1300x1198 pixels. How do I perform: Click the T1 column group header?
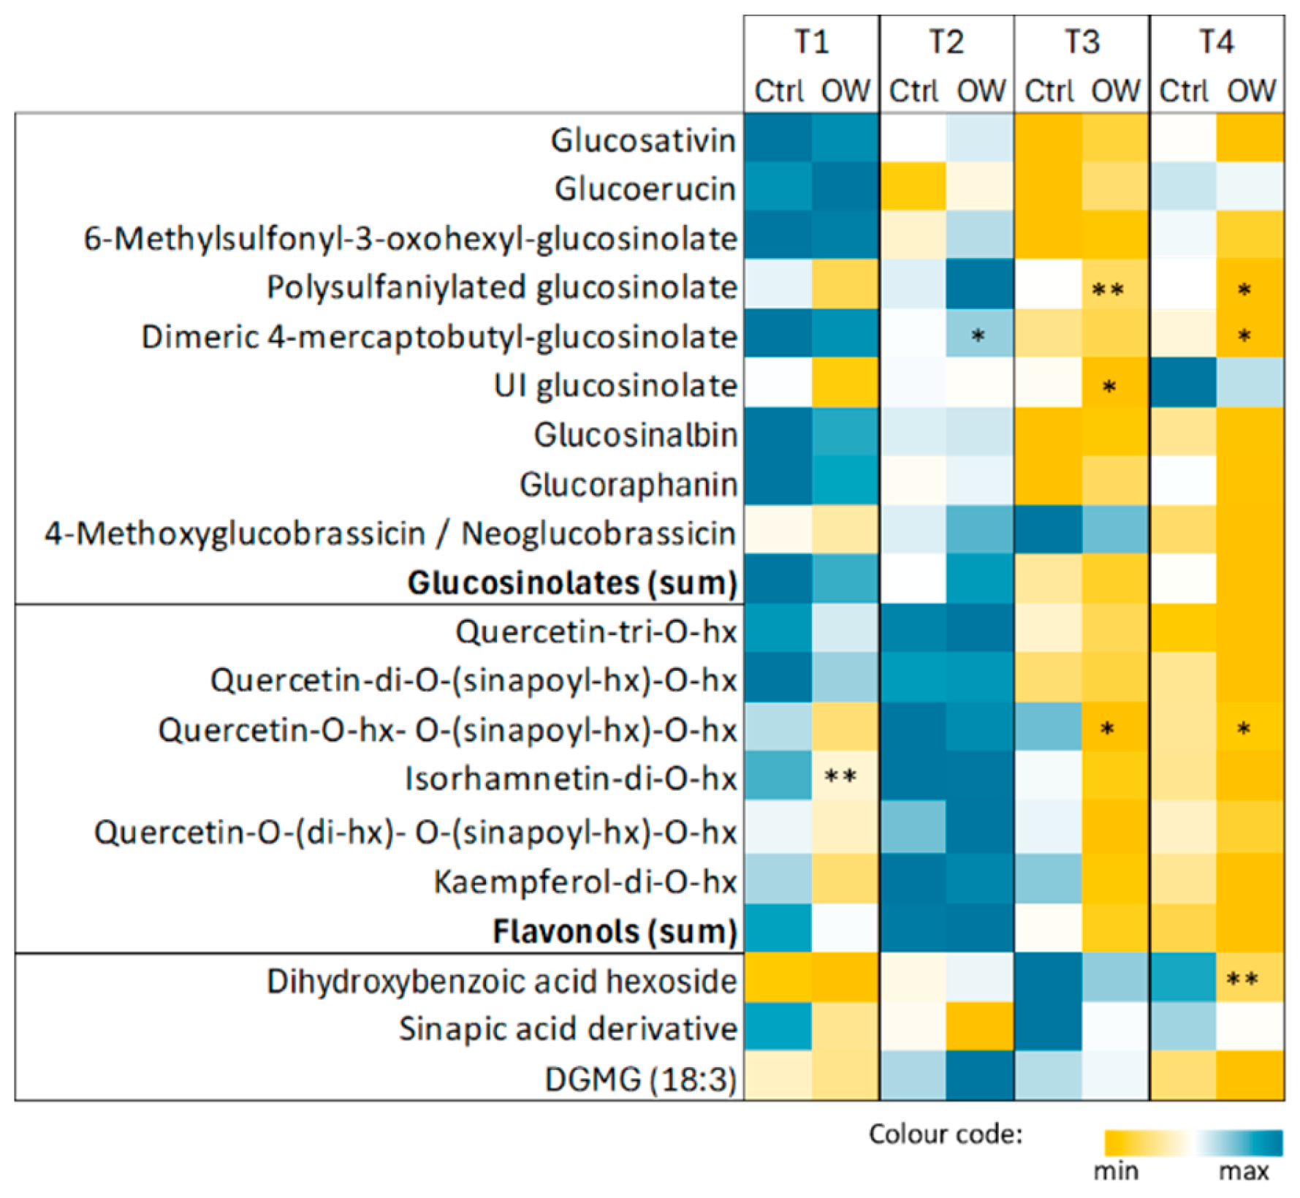click(x=812, y=42)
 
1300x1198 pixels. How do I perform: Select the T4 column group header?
click(x=1217, y=42)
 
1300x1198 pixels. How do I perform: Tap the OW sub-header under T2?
click(x=981, y=91)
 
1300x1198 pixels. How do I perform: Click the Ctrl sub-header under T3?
click(x=1048, y=91)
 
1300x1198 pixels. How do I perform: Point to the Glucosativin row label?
click(x=643, y=140)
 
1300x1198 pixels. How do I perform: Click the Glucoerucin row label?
click(x=645, y=189)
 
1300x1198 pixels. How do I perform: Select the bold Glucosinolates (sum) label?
click(x=572, y=583)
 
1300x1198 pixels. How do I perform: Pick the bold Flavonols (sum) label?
click(x=615, y=932)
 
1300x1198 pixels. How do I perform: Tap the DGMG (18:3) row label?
click(x=641, y=1080)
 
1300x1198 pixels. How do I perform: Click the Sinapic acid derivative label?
click(x=568, y=1029)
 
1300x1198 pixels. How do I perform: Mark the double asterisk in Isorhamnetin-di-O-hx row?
click(x=840, y=777)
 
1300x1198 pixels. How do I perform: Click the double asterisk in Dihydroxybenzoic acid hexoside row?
click(x=1242, y=979)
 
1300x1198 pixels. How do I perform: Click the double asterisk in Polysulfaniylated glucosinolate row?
click(x=1108, y=290)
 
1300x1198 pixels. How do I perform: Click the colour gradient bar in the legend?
click(x=1193, y=1142)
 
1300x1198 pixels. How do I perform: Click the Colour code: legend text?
click(x=945, y=1134)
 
